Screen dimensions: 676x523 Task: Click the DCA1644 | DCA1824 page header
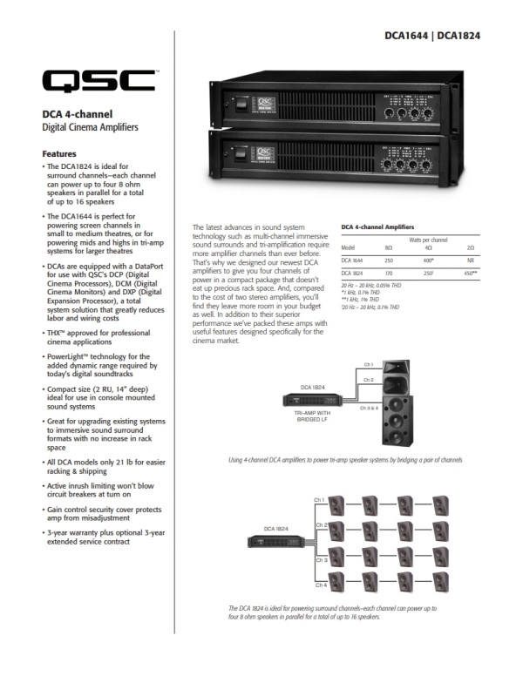pos(432,37)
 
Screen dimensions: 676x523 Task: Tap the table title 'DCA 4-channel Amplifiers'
pos(377,228)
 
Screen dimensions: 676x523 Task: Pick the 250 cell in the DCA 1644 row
pos(388,260)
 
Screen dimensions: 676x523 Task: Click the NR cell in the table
pos(471,260)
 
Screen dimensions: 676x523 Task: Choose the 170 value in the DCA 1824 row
pos(388,274)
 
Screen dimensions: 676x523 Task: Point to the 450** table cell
pos(471,274)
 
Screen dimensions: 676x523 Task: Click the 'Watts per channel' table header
pos(429,239)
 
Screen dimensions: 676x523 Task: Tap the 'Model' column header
pos(348,248)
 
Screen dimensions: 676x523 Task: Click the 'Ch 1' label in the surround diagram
pos(320,499)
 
